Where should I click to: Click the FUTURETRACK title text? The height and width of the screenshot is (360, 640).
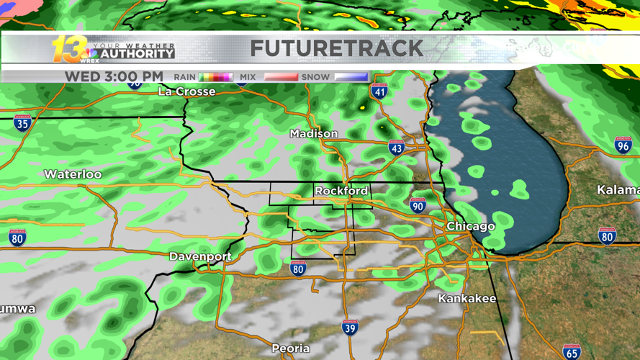tap(336, 48)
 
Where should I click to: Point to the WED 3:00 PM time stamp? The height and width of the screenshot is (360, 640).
tap(114, 76)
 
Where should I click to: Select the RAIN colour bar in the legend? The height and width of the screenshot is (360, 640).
tap(215, 77)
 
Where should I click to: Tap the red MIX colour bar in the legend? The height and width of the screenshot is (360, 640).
tap(280, 77)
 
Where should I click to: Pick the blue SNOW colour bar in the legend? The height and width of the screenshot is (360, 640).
tap(351, 77)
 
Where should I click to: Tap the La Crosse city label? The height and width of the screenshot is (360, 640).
tap(186, 91)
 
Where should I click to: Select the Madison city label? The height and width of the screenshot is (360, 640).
tap(313, 133)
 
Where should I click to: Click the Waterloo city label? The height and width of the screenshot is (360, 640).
tap(73, 174)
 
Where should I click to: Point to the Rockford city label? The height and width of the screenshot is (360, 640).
tap(341, 191)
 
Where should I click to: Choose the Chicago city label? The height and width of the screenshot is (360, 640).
tap(471, 226)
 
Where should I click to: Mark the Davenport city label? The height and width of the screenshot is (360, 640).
tap(200, 256)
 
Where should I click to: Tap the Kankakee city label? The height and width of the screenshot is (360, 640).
tap(467, 298)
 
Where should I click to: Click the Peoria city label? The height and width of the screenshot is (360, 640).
tap(291, 348)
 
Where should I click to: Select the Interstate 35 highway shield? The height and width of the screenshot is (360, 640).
tap(22, 123)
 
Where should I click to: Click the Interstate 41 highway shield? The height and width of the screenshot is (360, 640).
tap(379, 91)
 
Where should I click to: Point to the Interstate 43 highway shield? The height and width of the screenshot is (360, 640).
tap(396, 148)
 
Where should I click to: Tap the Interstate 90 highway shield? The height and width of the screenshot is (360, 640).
tap(418, 205)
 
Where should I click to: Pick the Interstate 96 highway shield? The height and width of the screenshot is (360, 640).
tap(623, 145)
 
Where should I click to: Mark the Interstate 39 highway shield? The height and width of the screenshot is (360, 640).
tap(351, 328)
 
